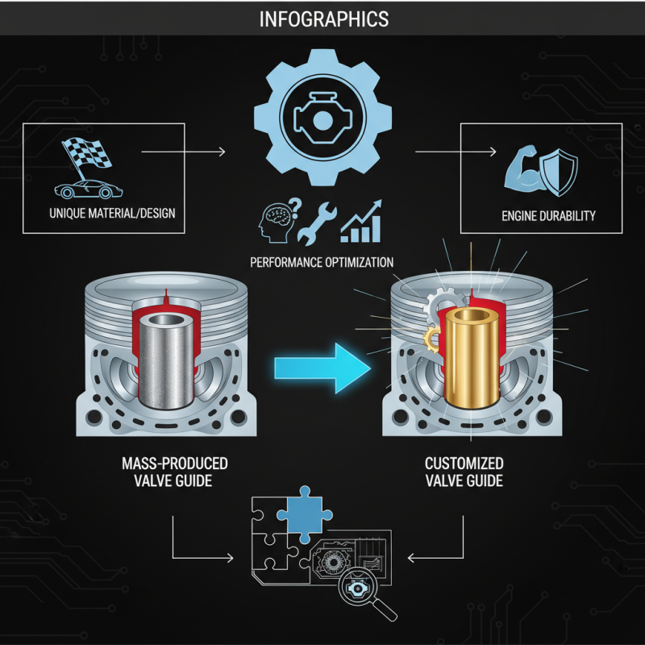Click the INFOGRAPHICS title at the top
[322, 18]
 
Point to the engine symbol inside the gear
[321, 113]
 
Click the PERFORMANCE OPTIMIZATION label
[322, 262]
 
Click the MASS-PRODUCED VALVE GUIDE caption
[174, 472]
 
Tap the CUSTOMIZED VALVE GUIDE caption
[464, 472]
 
